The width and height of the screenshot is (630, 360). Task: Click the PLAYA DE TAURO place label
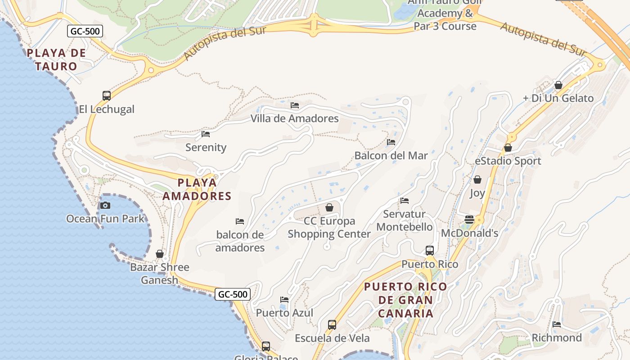coord(56,59)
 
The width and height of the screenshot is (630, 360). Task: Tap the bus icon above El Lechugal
coord(107,95)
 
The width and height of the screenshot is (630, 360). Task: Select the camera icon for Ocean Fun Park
coord(105,205)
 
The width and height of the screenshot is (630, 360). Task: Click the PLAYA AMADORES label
coord(197,189)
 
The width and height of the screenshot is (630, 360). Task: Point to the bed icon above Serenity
coord(206,134)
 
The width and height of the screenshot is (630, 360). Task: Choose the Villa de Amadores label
coord(294,118)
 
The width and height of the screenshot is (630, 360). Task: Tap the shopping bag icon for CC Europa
coord(329,207)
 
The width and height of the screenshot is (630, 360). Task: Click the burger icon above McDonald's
coord(469,220)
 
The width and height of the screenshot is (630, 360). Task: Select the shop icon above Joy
coord(477,180)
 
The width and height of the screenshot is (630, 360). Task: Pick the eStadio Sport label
coord(508,161)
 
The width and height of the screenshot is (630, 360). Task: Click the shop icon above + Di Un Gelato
coord(558,85)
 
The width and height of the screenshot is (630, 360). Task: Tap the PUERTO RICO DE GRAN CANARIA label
coord(405,300)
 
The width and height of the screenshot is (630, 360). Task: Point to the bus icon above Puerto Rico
coord(430,250)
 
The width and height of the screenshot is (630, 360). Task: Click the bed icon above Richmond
coord(557,324)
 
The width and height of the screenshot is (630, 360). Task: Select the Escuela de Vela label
coord(332,338)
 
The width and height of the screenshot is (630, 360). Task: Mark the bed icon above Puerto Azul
coord(284,299)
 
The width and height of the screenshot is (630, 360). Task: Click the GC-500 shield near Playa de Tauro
coord(85,31)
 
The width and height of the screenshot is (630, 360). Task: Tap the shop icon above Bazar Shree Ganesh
coord(160,254)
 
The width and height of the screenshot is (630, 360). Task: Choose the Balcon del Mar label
coord(391,156)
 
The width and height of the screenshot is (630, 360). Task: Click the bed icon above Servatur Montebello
coord(405,200)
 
